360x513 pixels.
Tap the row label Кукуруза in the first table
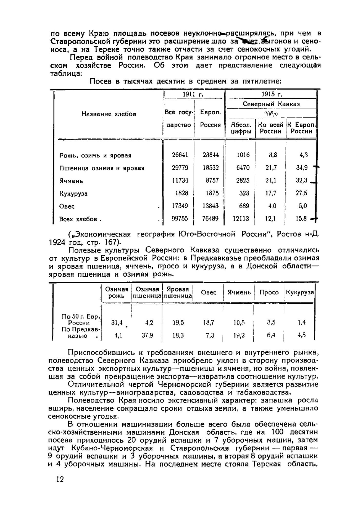(x=73, y=193)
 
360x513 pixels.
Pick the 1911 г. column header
(x=193, y=94)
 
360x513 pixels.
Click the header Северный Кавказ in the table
(x=271, y=104)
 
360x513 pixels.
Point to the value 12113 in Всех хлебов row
(x=241, y=219)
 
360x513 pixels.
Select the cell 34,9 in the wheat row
(x=301, y=168)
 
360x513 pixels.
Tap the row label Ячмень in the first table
(x=71, y=181)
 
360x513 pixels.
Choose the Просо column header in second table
(x=269, y=292)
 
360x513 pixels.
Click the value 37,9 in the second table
(x=147, y=335)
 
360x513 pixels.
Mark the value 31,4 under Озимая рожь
(x=117, y=323)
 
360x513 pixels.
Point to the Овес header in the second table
(x=208, y=292)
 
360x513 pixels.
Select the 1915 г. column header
(x=271, y=94)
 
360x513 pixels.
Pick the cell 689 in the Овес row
(x=244, y=206)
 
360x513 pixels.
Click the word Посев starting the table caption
(x=100, y=81)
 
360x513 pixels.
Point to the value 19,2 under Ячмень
(x=239, y=335)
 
